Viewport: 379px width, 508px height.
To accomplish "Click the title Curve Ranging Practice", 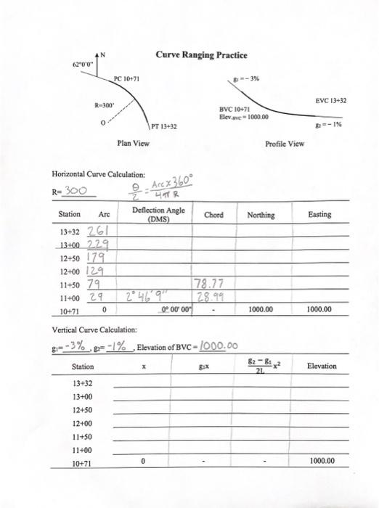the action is click(200, 56).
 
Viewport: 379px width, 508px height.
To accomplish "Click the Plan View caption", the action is click(133, 144).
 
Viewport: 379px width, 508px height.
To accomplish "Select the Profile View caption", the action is click(285, 144).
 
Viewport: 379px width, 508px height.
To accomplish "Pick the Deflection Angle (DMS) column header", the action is click(158, 214).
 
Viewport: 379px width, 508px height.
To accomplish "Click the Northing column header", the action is click(261, 215).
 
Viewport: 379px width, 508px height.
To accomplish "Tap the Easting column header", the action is click(319, 215).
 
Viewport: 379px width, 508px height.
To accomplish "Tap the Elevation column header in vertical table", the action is click(322, 366).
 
